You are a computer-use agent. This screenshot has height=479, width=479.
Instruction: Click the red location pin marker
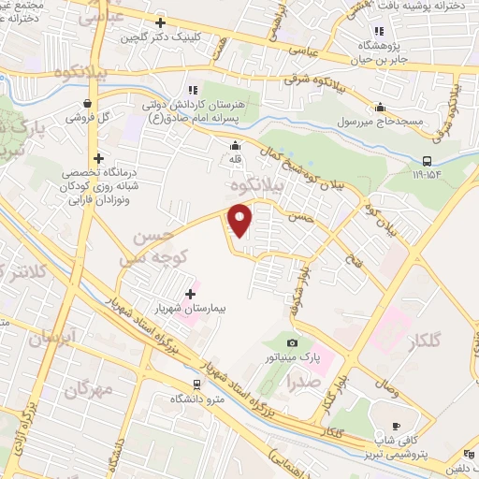pos(241,222)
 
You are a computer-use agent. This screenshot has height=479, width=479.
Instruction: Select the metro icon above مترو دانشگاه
pos(196,384)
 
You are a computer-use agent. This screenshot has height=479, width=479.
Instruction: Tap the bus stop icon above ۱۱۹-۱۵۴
pos(426,159)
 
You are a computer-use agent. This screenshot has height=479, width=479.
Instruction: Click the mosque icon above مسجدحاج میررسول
pos(380,107)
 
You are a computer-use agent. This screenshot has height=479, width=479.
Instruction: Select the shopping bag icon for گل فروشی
pos(87,104)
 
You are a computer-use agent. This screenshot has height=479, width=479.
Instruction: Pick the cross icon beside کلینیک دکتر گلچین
pos(161,22)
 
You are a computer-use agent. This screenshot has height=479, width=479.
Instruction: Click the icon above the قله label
pos(235,146)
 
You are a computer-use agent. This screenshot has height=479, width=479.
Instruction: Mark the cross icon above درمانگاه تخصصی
pos(98,158)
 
